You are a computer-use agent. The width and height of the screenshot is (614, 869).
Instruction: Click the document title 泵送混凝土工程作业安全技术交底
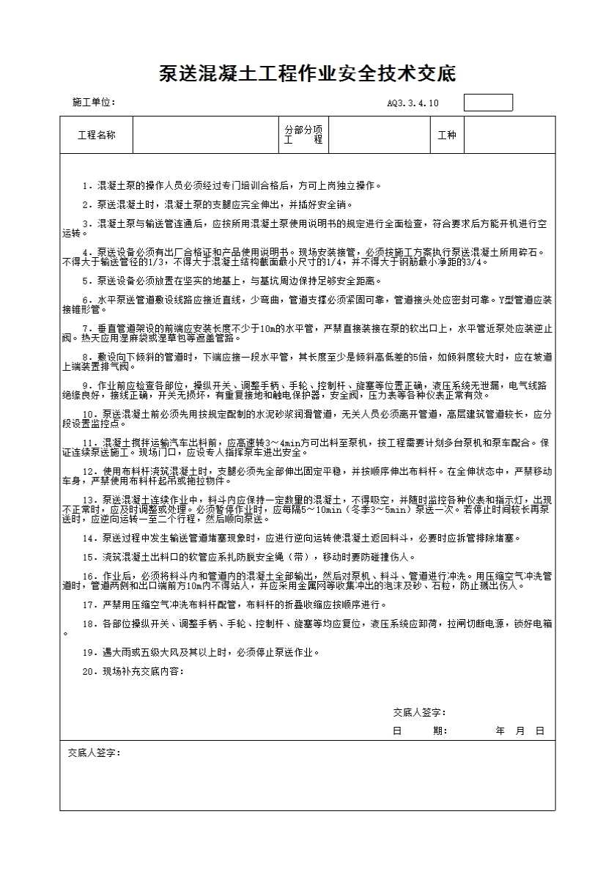[307, 75]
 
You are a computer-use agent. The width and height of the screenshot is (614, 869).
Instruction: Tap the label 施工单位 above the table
[94, 103]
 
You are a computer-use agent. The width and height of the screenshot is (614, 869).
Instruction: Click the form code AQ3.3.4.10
[413, 103]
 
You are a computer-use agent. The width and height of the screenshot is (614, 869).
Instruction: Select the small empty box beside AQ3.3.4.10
[488, 103]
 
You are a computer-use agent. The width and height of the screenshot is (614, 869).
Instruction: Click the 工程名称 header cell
[96, 135]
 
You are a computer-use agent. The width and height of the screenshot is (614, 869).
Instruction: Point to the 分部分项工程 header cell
[303, 135]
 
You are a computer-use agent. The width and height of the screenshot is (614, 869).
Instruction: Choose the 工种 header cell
[446, 135]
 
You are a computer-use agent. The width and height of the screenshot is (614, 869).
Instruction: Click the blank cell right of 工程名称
[204, 135]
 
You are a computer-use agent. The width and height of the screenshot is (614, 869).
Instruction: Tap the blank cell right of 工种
[509, 135]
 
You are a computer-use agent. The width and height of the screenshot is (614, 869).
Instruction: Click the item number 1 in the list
[86, 186]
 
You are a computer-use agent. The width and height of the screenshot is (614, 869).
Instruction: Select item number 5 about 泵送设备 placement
[86, 281]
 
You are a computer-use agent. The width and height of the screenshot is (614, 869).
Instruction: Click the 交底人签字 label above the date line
[418, 712]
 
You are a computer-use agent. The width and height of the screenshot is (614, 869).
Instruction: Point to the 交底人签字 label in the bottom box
[94, 753]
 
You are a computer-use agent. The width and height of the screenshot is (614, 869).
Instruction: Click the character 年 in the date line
[500, 731]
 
